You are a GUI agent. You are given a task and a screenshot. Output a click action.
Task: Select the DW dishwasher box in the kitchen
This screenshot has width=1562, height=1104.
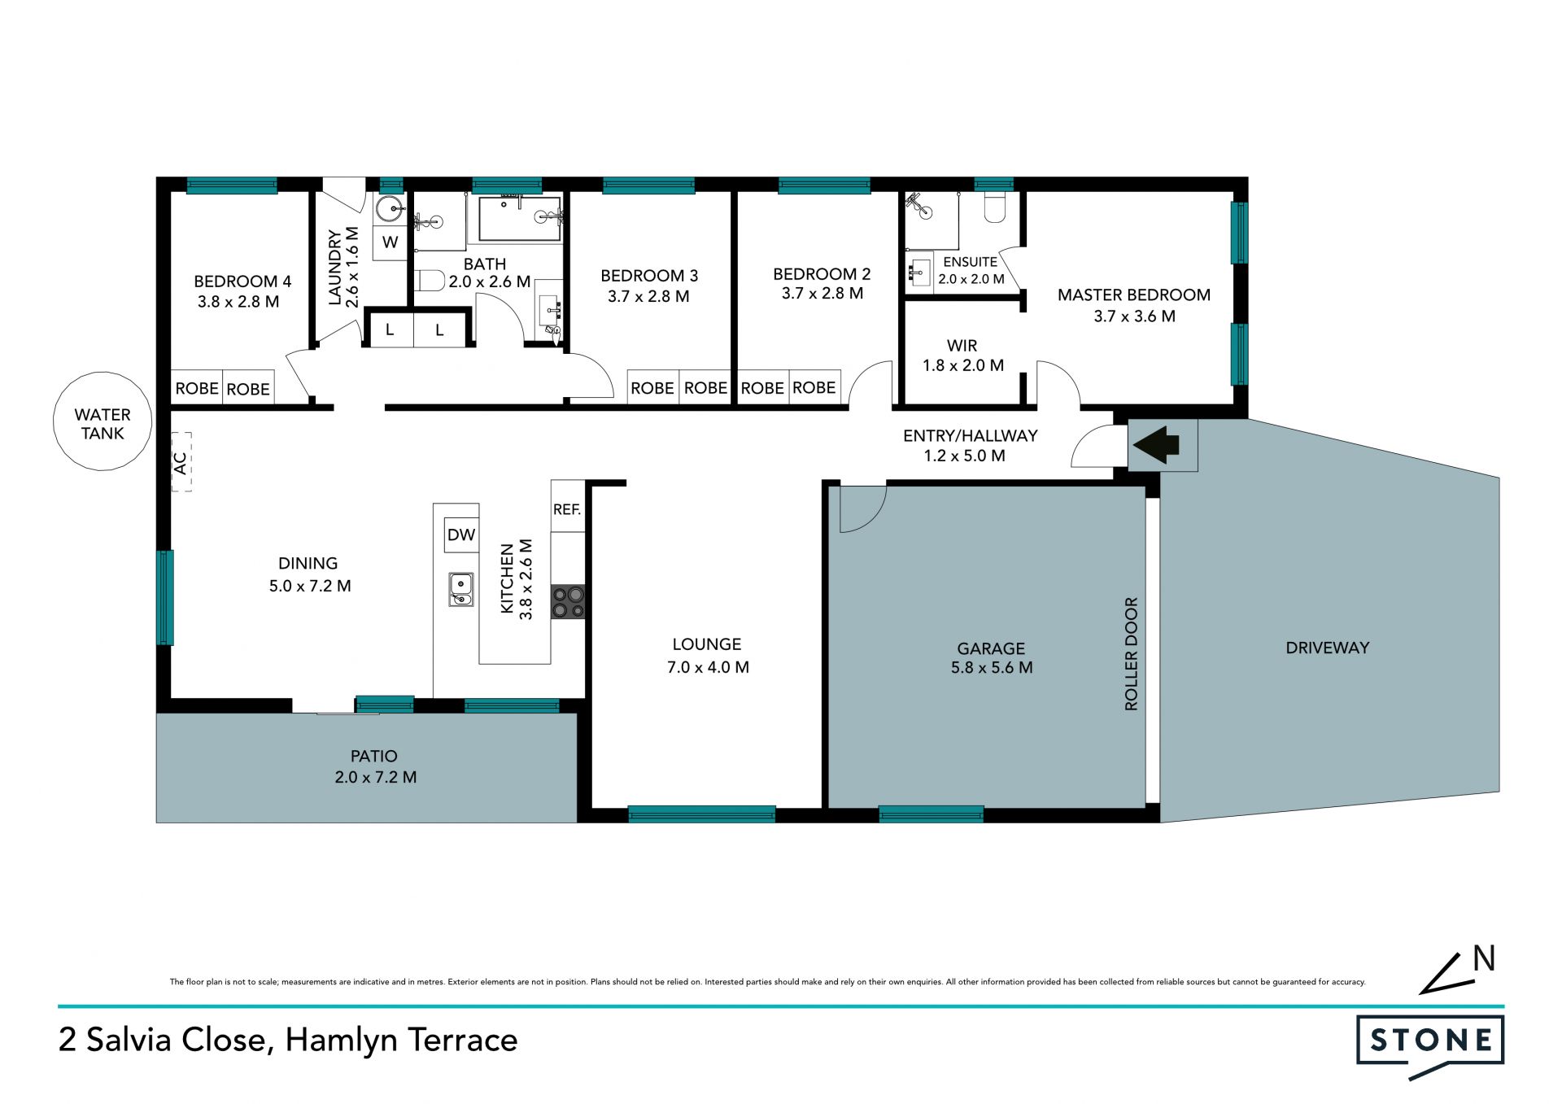tap(461, 535)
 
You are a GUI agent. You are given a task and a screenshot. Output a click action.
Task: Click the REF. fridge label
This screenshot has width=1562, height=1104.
tap(567, 509)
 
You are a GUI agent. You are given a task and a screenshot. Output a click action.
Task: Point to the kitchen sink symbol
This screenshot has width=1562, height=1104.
tap(461, 589)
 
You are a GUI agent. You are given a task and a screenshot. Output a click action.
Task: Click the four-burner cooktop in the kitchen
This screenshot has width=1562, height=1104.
tap(568, 602)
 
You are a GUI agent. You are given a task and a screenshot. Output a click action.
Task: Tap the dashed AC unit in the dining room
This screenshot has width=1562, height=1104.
tap(181, 461)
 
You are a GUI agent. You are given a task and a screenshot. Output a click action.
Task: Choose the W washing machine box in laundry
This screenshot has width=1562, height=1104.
tap(390, 242)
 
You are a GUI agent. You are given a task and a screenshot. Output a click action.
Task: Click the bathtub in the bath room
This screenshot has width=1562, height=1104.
tap(520, 219)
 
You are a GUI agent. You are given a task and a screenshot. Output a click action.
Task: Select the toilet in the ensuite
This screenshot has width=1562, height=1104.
tap(995, 207)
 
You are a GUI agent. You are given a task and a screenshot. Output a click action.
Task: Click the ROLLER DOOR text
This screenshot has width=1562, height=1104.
tap(1131, 654)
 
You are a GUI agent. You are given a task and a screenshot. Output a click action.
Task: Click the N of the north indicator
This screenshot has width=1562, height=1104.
tap(1484, 958)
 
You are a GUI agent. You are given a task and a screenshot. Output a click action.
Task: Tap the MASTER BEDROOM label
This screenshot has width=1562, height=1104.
tap(1134, 295)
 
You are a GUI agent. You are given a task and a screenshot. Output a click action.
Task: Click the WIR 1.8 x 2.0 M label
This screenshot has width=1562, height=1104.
tap(962, 356)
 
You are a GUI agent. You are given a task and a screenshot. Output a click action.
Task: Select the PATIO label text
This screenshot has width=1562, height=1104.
tap(374, 756)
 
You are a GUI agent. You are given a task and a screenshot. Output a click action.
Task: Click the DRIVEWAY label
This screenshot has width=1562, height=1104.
tap(1328, 648)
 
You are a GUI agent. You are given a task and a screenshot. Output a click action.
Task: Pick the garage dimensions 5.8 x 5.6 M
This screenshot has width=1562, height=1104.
tap(992, 668)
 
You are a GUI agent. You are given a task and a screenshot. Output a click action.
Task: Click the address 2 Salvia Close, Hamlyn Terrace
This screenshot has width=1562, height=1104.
tap(288, 1041)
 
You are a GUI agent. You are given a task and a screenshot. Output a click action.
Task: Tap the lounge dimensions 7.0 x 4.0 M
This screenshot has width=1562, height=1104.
tap(708, 667)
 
